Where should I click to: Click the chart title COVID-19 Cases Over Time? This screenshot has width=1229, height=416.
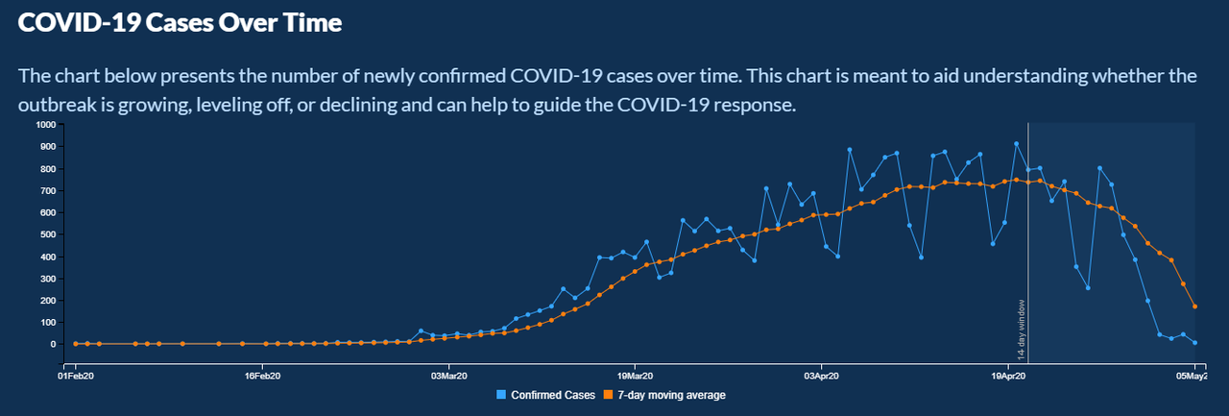180,23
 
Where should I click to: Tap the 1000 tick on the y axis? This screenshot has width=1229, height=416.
46,125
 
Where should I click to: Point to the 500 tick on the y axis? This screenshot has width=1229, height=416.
48,234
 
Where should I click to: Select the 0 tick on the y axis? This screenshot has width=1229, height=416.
53,344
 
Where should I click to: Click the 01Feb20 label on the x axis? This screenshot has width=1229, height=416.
76,376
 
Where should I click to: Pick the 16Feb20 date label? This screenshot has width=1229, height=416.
262,376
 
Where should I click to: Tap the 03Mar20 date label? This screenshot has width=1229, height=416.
448,376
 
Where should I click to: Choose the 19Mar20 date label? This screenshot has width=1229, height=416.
635,376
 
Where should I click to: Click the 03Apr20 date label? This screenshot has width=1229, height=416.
821,376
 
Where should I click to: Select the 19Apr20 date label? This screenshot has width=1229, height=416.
1008,376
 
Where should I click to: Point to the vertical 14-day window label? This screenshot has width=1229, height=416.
1021,330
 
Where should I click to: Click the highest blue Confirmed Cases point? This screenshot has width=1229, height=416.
1016,144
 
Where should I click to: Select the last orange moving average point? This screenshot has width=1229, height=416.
1194,306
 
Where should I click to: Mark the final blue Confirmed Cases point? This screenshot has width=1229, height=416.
1194,342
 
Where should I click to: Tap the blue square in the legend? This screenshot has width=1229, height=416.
501,395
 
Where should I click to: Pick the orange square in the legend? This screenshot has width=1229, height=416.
608,395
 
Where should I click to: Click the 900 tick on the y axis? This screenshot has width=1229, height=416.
48,147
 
